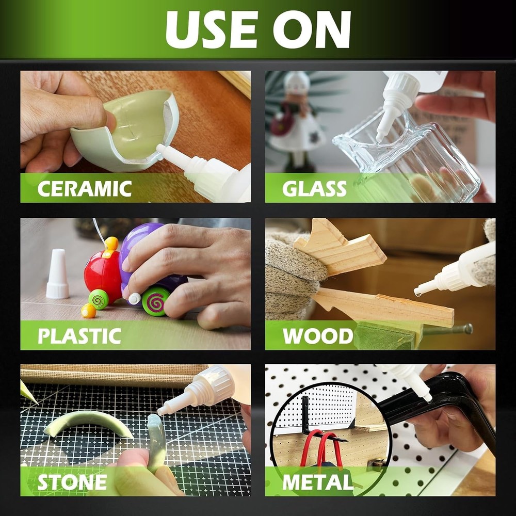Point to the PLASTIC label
coord(79,336)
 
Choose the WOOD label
coord(317,336)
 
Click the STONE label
coord(72,482)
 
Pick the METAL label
coord(317,482)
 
